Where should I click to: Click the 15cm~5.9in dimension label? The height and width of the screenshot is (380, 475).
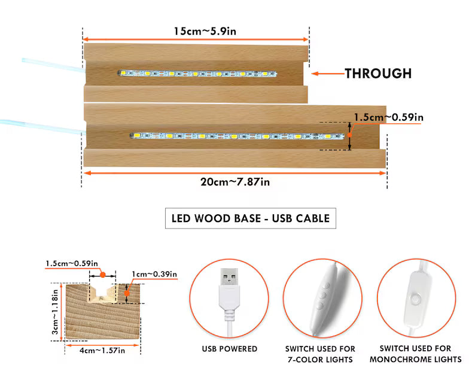click(205, 31)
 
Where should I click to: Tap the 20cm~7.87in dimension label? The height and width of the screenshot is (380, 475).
click(235, 182)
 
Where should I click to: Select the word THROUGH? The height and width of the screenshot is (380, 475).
click(378, 74)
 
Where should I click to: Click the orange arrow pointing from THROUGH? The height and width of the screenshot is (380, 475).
click(328, 74)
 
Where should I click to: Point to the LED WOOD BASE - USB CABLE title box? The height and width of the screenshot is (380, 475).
click(251, 218)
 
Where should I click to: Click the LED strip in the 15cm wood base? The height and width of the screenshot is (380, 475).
click(197, 74)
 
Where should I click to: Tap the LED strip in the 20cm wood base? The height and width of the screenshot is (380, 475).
click(237, 136)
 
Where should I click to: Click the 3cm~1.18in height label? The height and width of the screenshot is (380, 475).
click(55, 312)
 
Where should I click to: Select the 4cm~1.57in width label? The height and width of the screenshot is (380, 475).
click(102, 351)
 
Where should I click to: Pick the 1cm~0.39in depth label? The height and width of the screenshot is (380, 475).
click(154, 274)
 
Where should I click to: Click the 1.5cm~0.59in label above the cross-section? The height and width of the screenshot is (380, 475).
click(72, 264)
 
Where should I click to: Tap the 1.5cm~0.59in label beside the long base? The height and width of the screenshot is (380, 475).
click(389, 117)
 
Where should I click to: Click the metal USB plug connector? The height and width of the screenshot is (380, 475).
click(229, 276)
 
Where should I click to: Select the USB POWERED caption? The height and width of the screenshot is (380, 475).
click(230, 349)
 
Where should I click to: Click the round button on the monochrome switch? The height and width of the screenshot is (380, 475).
click(416, 299)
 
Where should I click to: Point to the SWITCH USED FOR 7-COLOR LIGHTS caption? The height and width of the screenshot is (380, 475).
click(320, 354)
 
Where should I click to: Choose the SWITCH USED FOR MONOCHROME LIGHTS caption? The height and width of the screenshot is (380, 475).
click(416, 354)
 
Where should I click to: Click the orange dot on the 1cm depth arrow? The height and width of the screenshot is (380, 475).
click(127, 293)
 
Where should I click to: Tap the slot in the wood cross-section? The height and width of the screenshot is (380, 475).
click(103, 293)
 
